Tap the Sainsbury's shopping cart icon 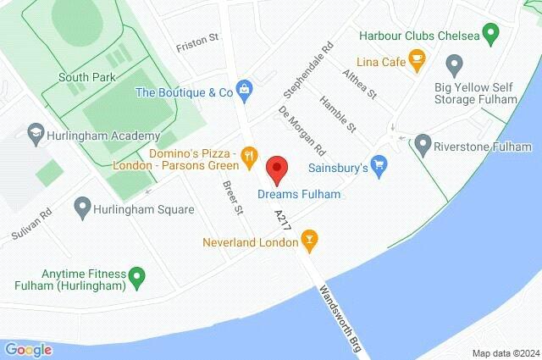click(379, 163)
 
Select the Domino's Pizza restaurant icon click(248, 155)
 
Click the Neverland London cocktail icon click(310, 241)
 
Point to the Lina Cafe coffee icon click(416, 58)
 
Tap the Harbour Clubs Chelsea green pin click(489, 36)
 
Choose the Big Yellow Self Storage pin click(454, 63)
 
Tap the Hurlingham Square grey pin click(82, 205)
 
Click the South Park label click(81, 76)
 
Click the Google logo click(28, 349)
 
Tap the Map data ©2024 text click(505, 353)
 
